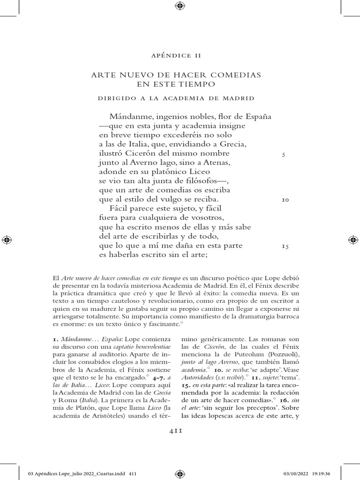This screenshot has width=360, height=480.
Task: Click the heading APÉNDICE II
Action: click(x=176, y=55)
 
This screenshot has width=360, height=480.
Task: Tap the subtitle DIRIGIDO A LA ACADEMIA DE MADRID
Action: click(x=176, y=98)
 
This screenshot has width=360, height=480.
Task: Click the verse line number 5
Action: click(x=284, y=154)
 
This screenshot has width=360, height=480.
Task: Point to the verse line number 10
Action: click(x=285, y=200)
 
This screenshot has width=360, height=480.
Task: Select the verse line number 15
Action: click(x=285, y=246)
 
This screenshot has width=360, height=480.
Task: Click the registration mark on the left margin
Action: click(x=7, y=240)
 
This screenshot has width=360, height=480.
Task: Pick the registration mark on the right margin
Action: click(x=353, y=240)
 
